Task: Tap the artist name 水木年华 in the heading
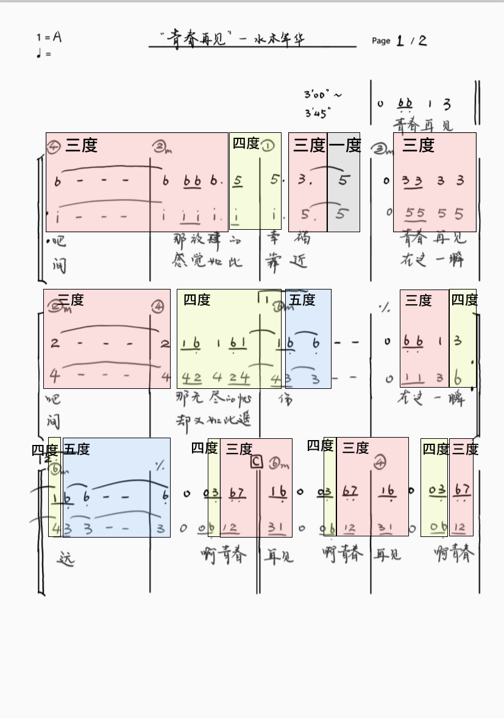click(x=280, y=40)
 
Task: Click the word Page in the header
click(x=381, y=41)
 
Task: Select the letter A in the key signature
click(x=57, y=37)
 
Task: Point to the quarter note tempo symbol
click(x=40, y=54)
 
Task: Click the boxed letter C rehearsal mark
click(x=257, y=462)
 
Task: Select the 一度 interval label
click(x=345, y=146)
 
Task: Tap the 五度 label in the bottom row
click(x=76, y=450)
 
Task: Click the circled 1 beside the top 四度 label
click(x=268, y=146)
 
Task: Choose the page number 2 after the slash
click(x=422, y=41)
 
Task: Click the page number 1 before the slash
click(x=400, y=41)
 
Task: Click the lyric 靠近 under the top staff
click(x=286, y=261)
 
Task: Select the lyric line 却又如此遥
click(x=213, y=420)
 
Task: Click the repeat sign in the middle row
click(x=384, y=308)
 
